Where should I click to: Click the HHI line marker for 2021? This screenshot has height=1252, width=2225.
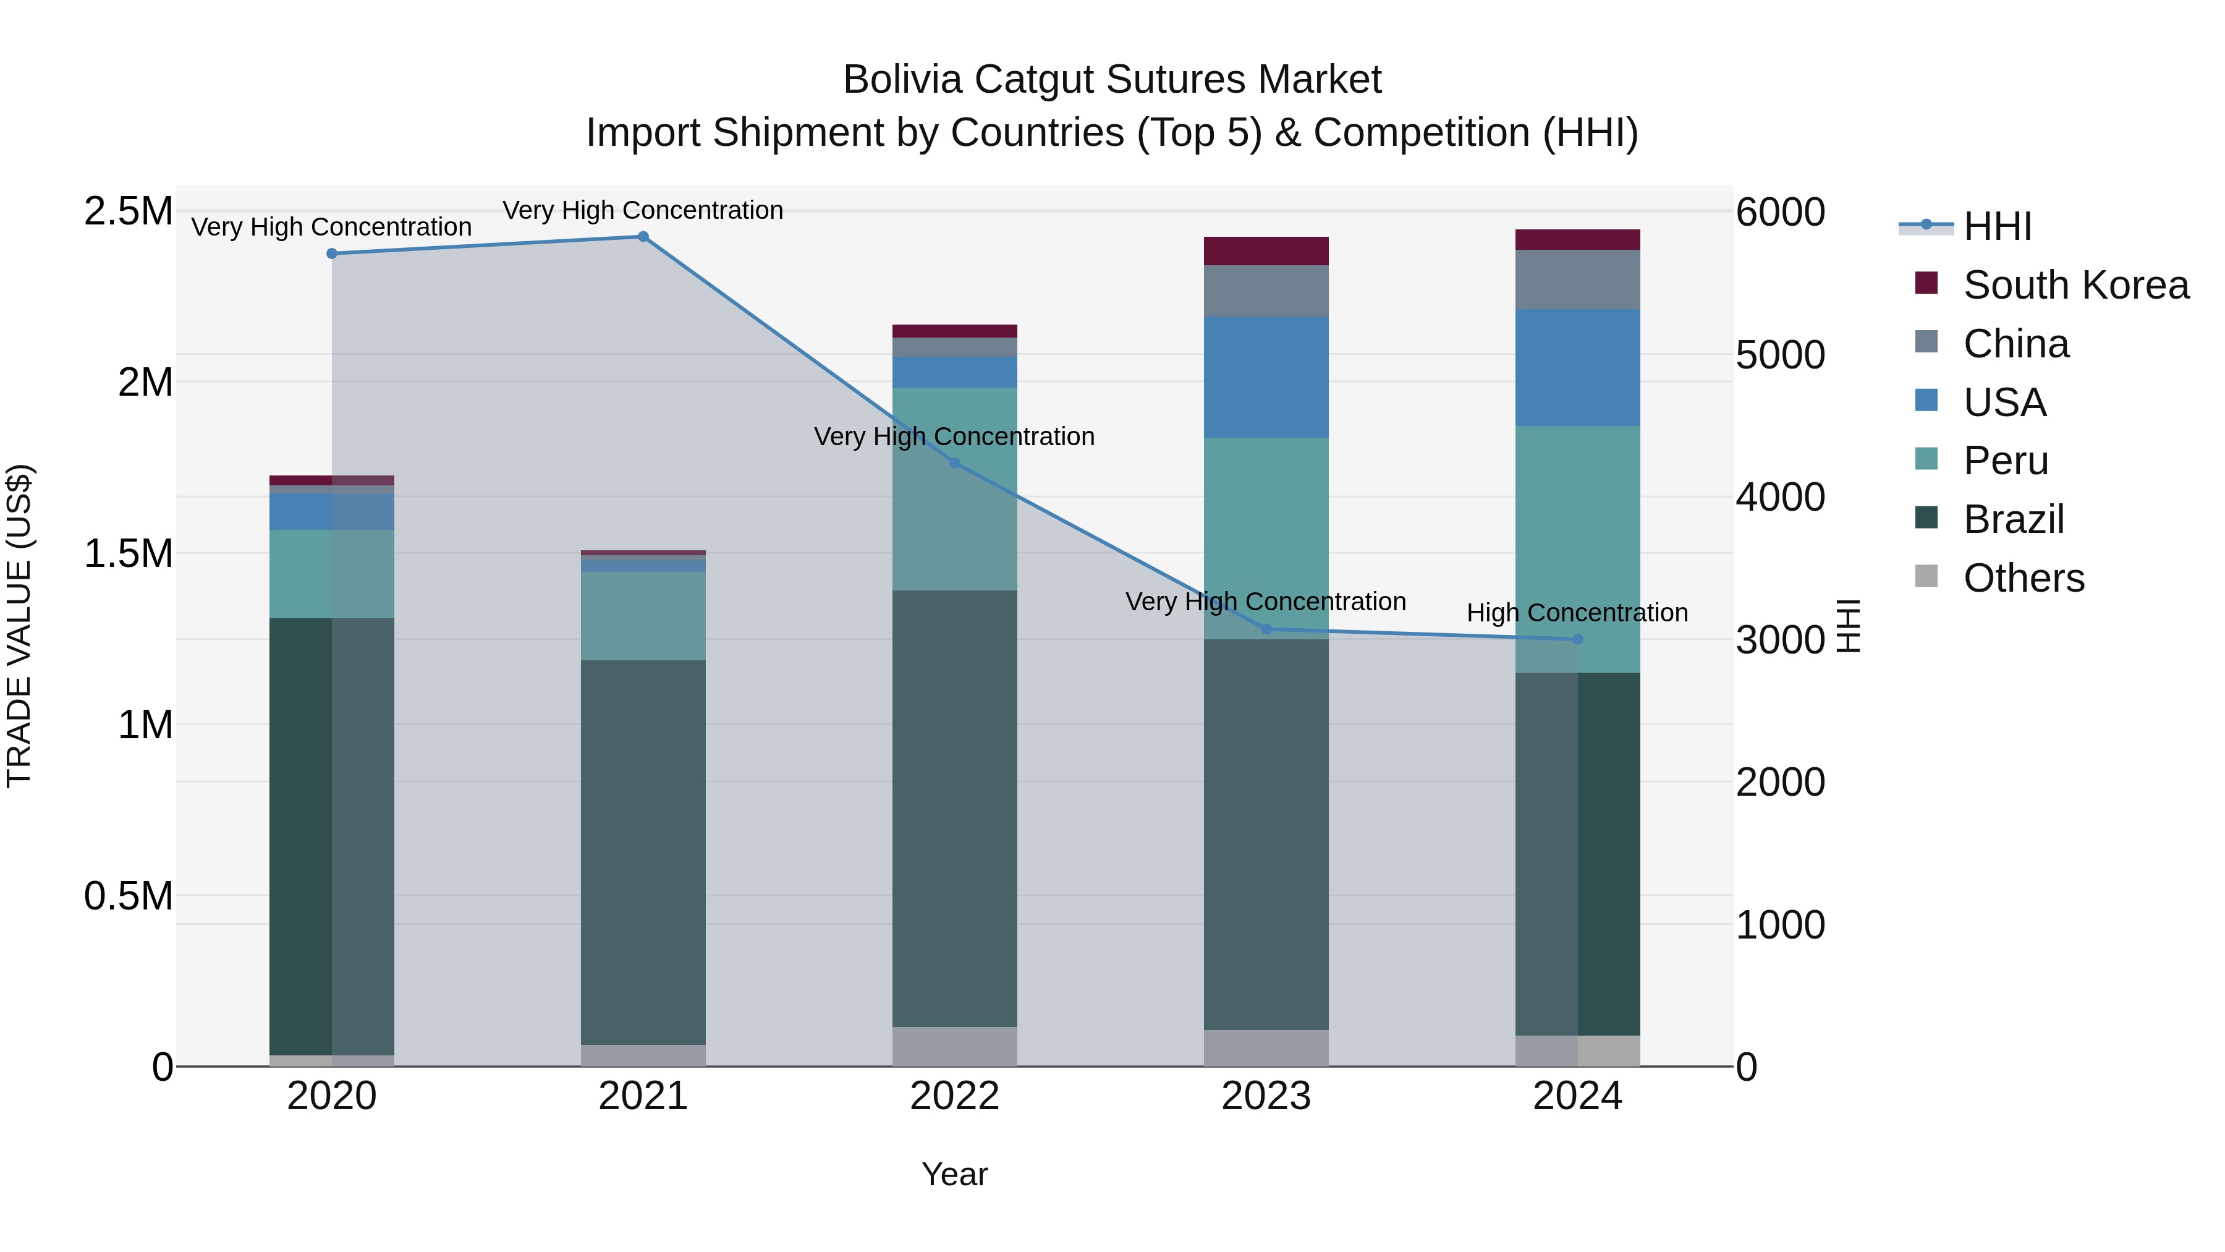pos(643,237)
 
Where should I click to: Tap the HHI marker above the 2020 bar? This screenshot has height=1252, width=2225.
pos(332,253)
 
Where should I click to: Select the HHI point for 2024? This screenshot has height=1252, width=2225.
pos(1577,639)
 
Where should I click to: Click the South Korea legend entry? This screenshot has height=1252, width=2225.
pos(2075,285)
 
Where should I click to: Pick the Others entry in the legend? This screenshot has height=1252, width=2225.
pos(2023,578)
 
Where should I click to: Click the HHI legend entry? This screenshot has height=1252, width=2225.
pos(1997,226)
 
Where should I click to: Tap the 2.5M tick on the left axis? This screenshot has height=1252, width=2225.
pos(128,211)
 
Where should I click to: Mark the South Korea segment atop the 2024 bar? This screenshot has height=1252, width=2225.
pos(1577,239)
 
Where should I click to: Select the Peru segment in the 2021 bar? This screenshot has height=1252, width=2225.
pos(643,615)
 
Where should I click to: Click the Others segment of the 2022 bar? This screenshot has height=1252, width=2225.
pos(954,1045)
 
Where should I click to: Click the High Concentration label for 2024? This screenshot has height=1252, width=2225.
pos(1577,613)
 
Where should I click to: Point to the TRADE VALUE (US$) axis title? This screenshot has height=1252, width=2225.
pos(19,626)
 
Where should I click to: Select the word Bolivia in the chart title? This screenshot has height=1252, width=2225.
pos(902,80)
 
